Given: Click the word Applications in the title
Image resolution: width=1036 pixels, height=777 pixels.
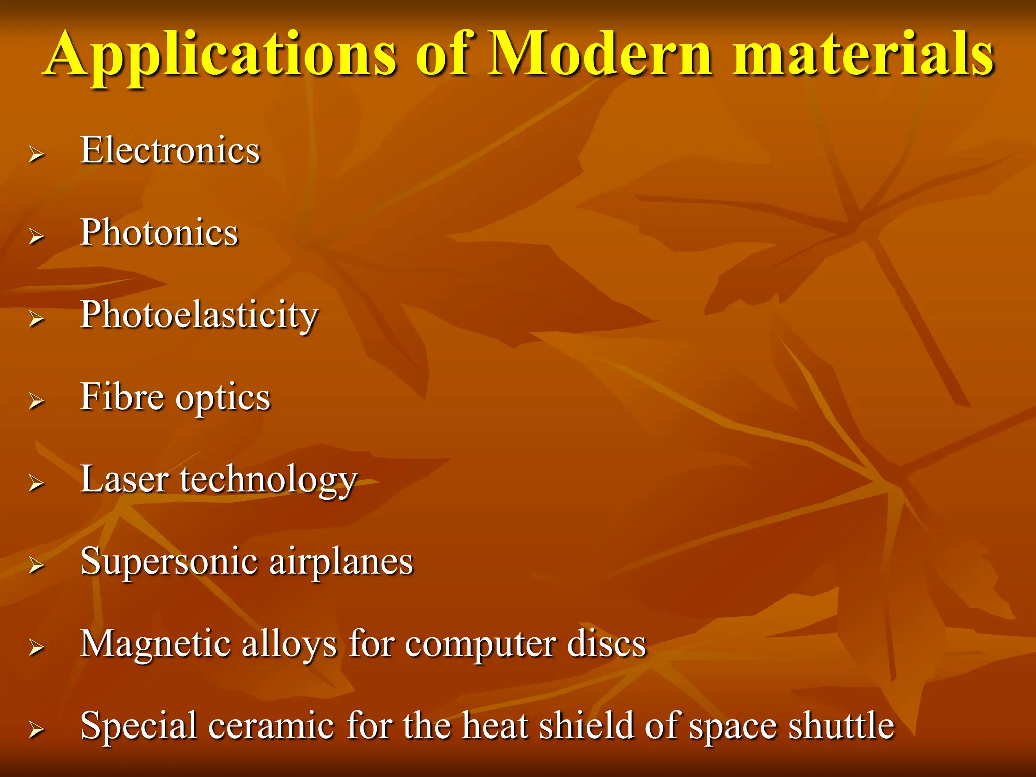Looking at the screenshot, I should tap(221, 56).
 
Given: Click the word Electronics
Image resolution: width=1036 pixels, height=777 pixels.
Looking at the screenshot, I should tap(170, 151).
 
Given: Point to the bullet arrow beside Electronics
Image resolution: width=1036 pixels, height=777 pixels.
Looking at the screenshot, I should tap(36, 154).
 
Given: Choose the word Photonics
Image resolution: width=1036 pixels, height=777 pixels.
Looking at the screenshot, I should tap(159, 233).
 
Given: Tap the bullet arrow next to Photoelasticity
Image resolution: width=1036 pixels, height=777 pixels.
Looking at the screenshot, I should tap(36, 319).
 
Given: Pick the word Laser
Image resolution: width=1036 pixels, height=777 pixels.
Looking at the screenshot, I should tap(124, 480).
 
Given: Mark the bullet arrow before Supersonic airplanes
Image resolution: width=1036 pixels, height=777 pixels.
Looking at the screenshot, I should tap(36, 565).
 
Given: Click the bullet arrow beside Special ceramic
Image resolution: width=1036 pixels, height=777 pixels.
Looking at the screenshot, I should tap(36, 729).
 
